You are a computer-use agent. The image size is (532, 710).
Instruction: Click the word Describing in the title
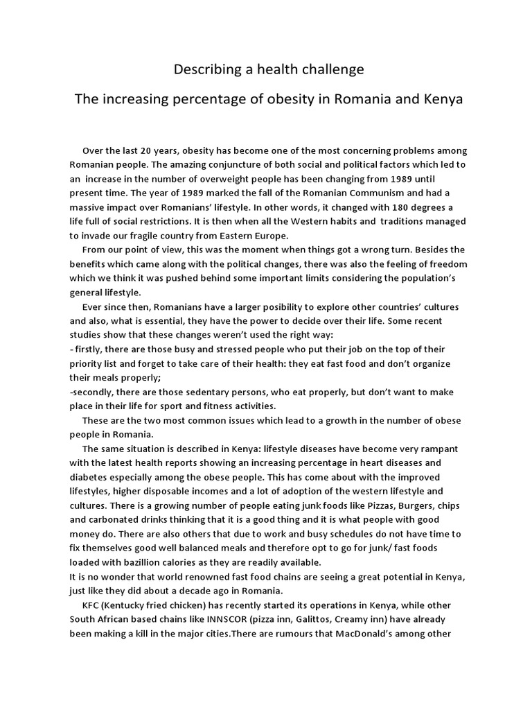tap(203, 69)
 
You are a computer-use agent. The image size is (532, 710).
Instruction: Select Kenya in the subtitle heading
tap(440, 99)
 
